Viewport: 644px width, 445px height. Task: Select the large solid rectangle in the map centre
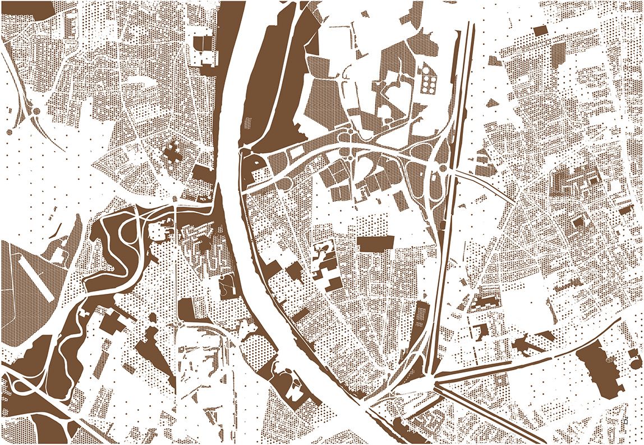click(376, 244)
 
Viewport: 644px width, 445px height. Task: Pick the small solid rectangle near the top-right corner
click(540, 30)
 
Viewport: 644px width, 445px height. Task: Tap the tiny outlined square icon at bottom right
click(624, 419)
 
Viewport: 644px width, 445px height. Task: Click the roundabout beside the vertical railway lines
click(443, 168)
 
